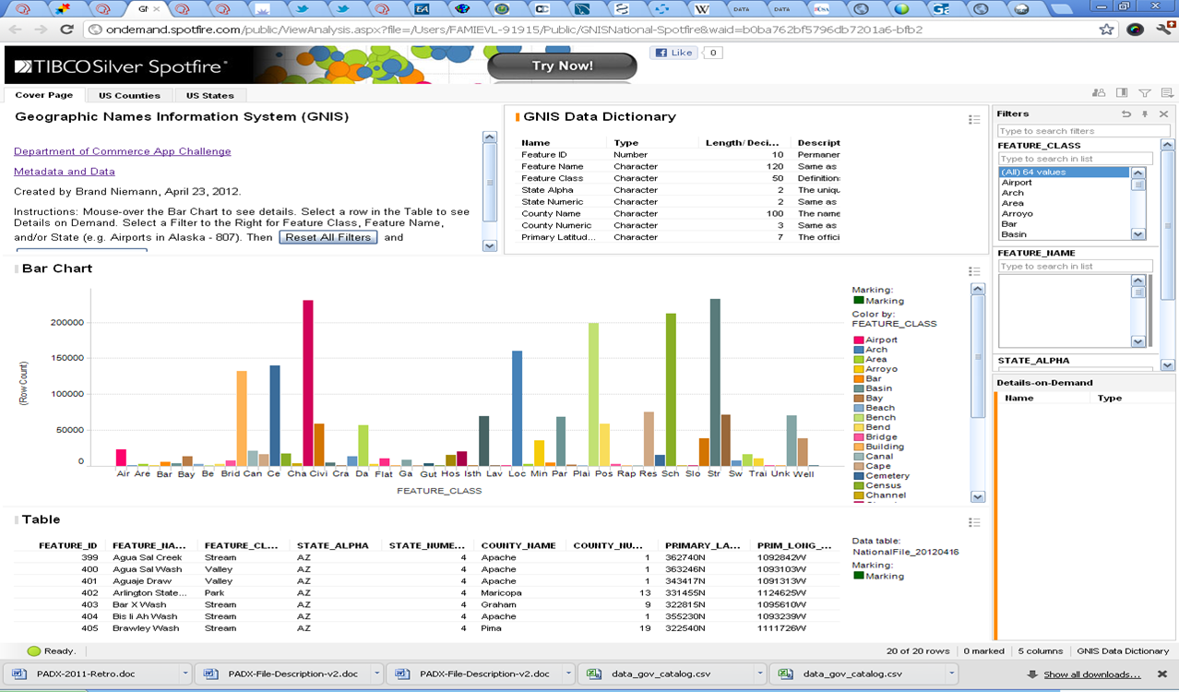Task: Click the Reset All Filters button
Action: pos(328,237)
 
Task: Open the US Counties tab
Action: pos(129,95)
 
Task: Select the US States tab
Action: pos(210,95)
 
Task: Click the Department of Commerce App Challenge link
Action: pos(122,151)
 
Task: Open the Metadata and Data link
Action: pos(65,172)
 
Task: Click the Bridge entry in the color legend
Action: pos(881,437)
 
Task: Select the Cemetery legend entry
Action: pos(887,476)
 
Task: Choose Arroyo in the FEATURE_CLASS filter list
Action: pos(1018,213)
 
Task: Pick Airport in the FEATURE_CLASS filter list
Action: pos(1017,183)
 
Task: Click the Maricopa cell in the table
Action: pos(501,593)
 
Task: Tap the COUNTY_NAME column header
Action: pos(518,545)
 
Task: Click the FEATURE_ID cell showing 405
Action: pos(89,628)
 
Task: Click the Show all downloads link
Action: pos(1091,674)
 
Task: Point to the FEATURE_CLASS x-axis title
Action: pos(439,491)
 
